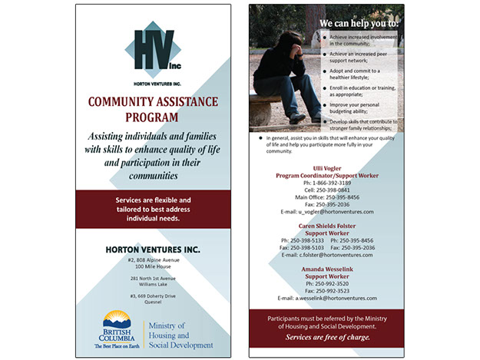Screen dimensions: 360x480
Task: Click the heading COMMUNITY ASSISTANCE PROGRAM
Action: [x=152, y=109]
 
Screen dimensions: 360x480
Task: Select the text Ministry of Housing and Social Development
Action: [x=179, y=335]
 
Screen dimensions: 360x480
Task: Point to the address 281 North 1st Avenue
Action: [x=153, y=278]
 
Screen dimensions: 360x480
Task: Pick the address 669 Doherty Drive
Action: [x=153, y=296]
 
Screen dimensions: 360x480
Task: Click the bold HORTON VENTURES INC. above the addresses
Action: [x=152, y=249]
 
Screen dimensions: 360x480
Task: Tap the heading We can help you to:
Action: [x=359, y=23]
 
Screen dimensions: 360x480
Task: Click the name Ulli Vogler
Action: [x=328, y=167]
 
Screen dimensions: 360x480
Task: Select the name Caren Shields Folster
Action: [x=328, y=226]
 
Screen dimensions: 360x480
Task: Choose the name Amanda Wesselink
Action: [x=328, y=269]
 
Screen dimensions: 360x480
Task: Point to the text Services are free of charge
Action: [x=328, y=337]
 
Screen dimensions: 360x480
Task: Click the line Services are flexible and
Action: [x=152, y=200]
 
